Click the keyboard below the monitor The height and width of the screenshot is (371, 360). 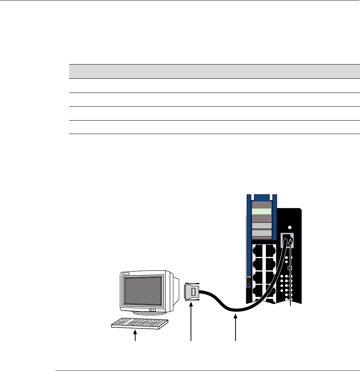[x=140, y=325]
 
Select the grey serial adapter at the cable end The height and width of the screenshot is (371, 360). [x=192, y=292]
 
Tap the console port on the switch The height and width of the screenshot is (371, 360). [x=288, y=241]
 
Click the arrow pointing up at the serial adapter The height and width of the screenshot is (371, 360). [x=191, y=323]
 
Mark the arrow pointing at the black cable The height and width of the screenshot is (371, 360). [x=236, y=326]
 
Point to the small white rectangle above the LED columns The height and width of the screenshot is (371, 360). [x=289, y=268]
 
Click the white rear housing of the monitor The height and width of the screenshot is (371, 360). [x=173, y=288]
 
